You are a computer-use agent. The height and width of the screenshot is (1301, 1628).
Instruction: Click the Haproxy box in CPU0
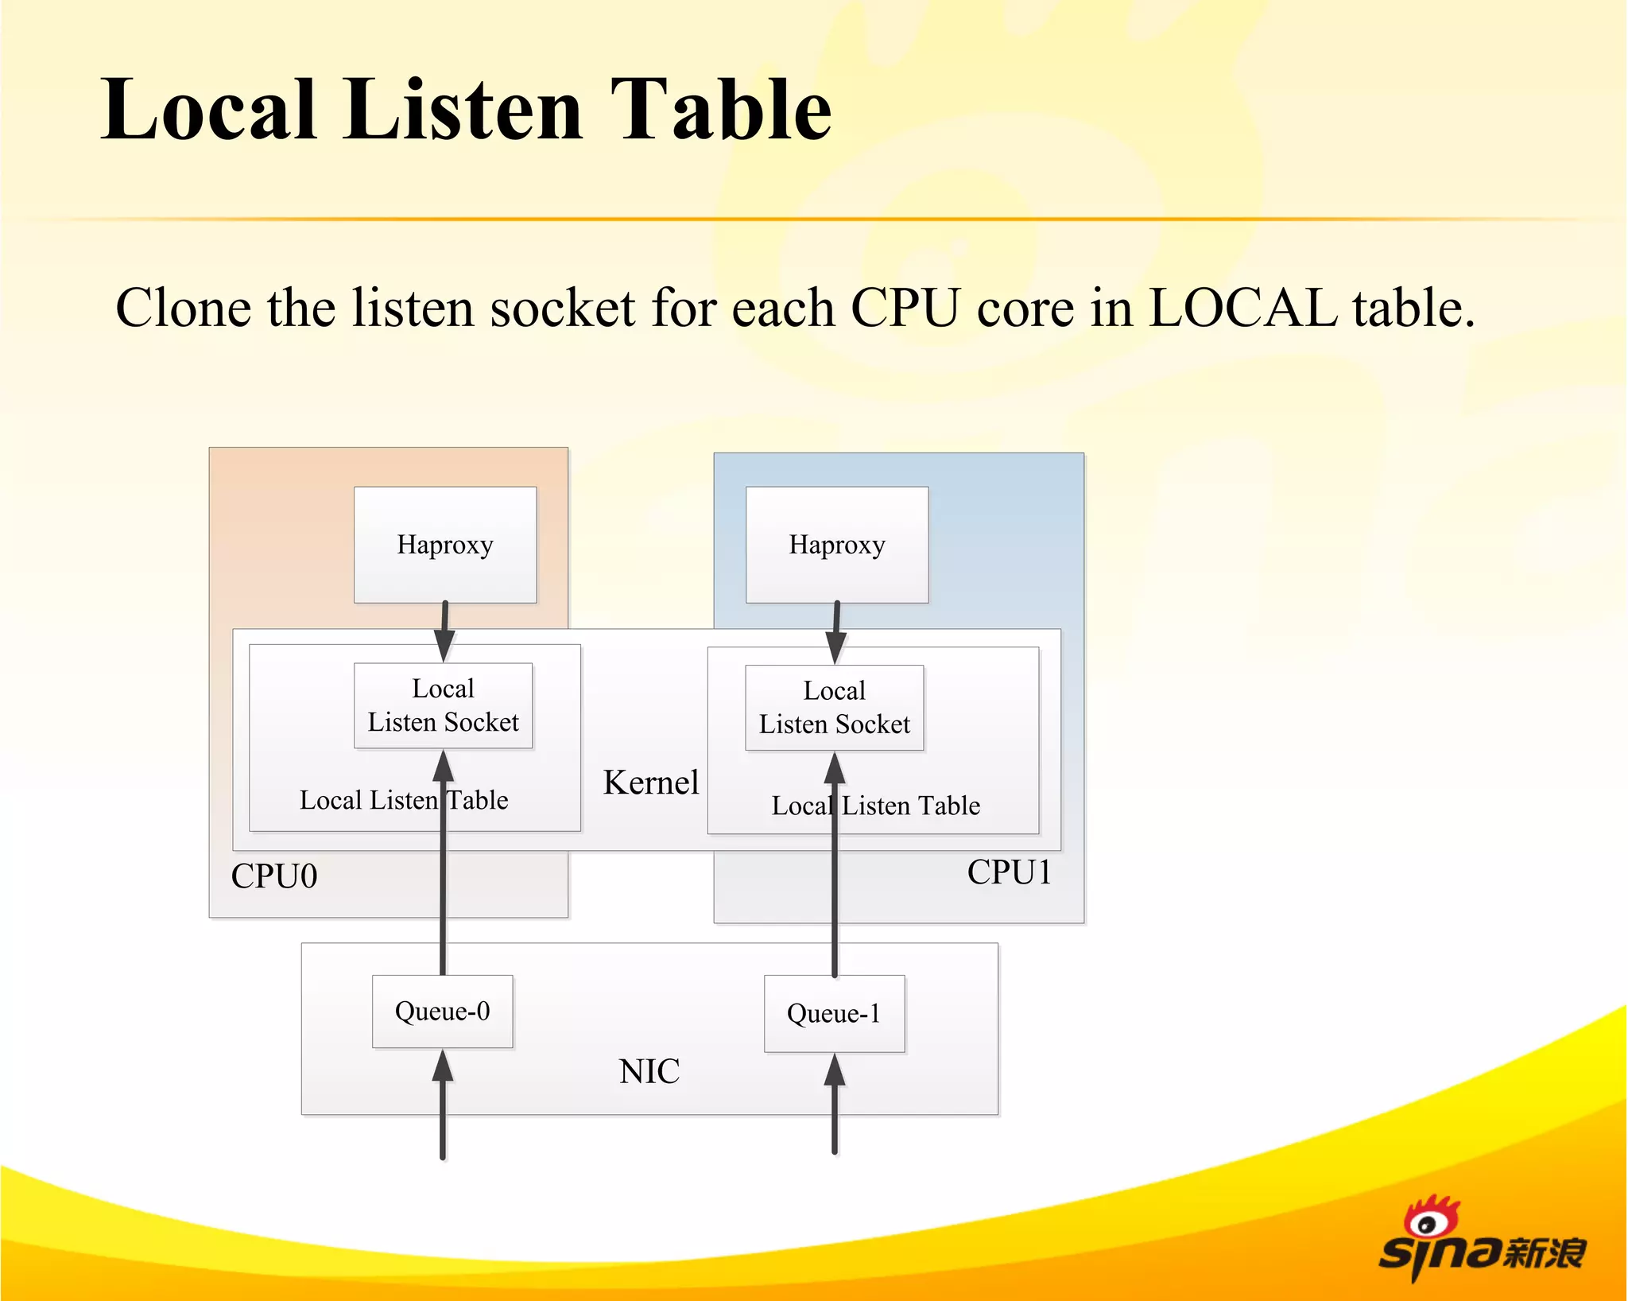click(444, 545)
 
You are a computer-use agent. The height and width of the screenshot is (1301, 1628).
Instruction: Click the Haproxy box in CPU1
click(836, 545)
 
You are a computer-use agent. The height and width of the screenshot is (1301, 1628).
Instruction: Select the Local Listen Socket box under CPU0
click(443, 705)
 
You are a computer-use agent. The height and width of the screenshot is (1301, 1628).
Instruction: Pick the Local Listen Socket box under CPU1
click(834, 708)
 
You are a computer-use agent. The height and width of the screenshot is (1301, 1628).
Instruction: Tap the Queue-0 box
click(442, 1011)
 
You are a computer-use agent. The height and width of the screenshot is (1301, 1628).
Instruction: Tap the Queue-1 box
click(834, 1013)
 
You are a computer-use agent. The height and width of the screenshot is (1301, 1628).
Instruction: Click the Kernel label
click(651, 783)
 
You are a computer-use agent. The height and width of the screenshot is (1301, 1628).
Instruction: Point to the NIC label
click(649, 1071)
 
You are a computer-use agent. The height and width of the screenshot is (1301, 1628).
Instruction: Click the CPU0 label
click(274, 876)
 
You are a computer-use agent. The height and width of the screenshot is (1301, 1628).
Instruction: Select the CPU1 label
click(1009, 872)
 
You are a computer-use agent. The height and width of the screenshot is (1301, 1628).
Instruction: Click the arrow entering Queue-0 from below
click(443, 1105)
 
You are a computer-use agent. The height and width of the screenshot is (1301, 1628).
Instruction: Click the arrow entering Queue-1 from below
click(835, 1105)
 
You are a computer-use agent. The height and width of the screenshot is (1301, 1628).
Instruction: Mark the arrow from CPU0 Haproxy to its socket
click(444, 631)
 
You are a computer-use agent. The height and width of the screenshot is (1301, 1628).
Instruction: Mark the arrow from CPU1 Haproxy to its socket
click(836, 632)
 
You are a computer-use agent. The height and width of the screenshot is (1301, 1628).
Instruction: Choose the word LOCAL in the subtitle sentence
click(1243, 308)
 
